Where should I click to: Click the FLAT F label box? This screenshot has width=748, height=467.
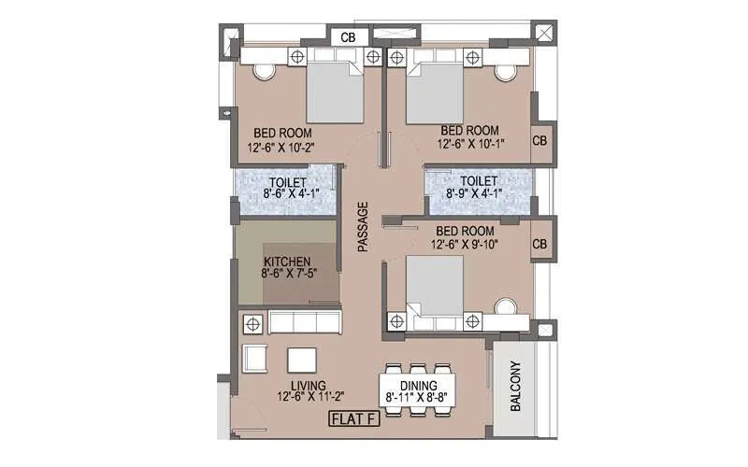coord(353,419)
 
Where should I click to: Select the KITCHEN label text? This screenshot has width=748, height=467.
coord(287,262)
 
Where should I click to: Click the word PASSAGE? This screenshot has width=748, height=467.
coord(364,227)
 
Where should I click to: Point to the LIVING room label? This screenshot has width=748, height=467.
coord(307,385)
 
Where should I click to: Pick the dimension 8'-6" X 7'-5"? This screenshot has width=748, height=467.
coord(287,276)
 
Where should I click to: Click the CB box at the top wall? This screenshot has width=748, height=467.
coord(348,37)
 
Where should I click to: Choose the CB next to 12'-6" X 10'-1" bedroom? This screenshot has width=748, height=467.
coord(539,140)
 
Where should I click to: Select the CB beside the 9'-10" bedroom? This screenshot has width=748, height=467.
coord(539,244)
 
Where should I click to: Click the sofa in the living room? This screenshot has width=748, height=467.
coord(303,323)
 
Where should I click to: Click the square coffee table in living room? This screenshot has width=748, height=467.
coord(301,361)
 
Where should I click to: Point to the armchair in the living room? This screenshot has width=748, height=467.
coord(254,361)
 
